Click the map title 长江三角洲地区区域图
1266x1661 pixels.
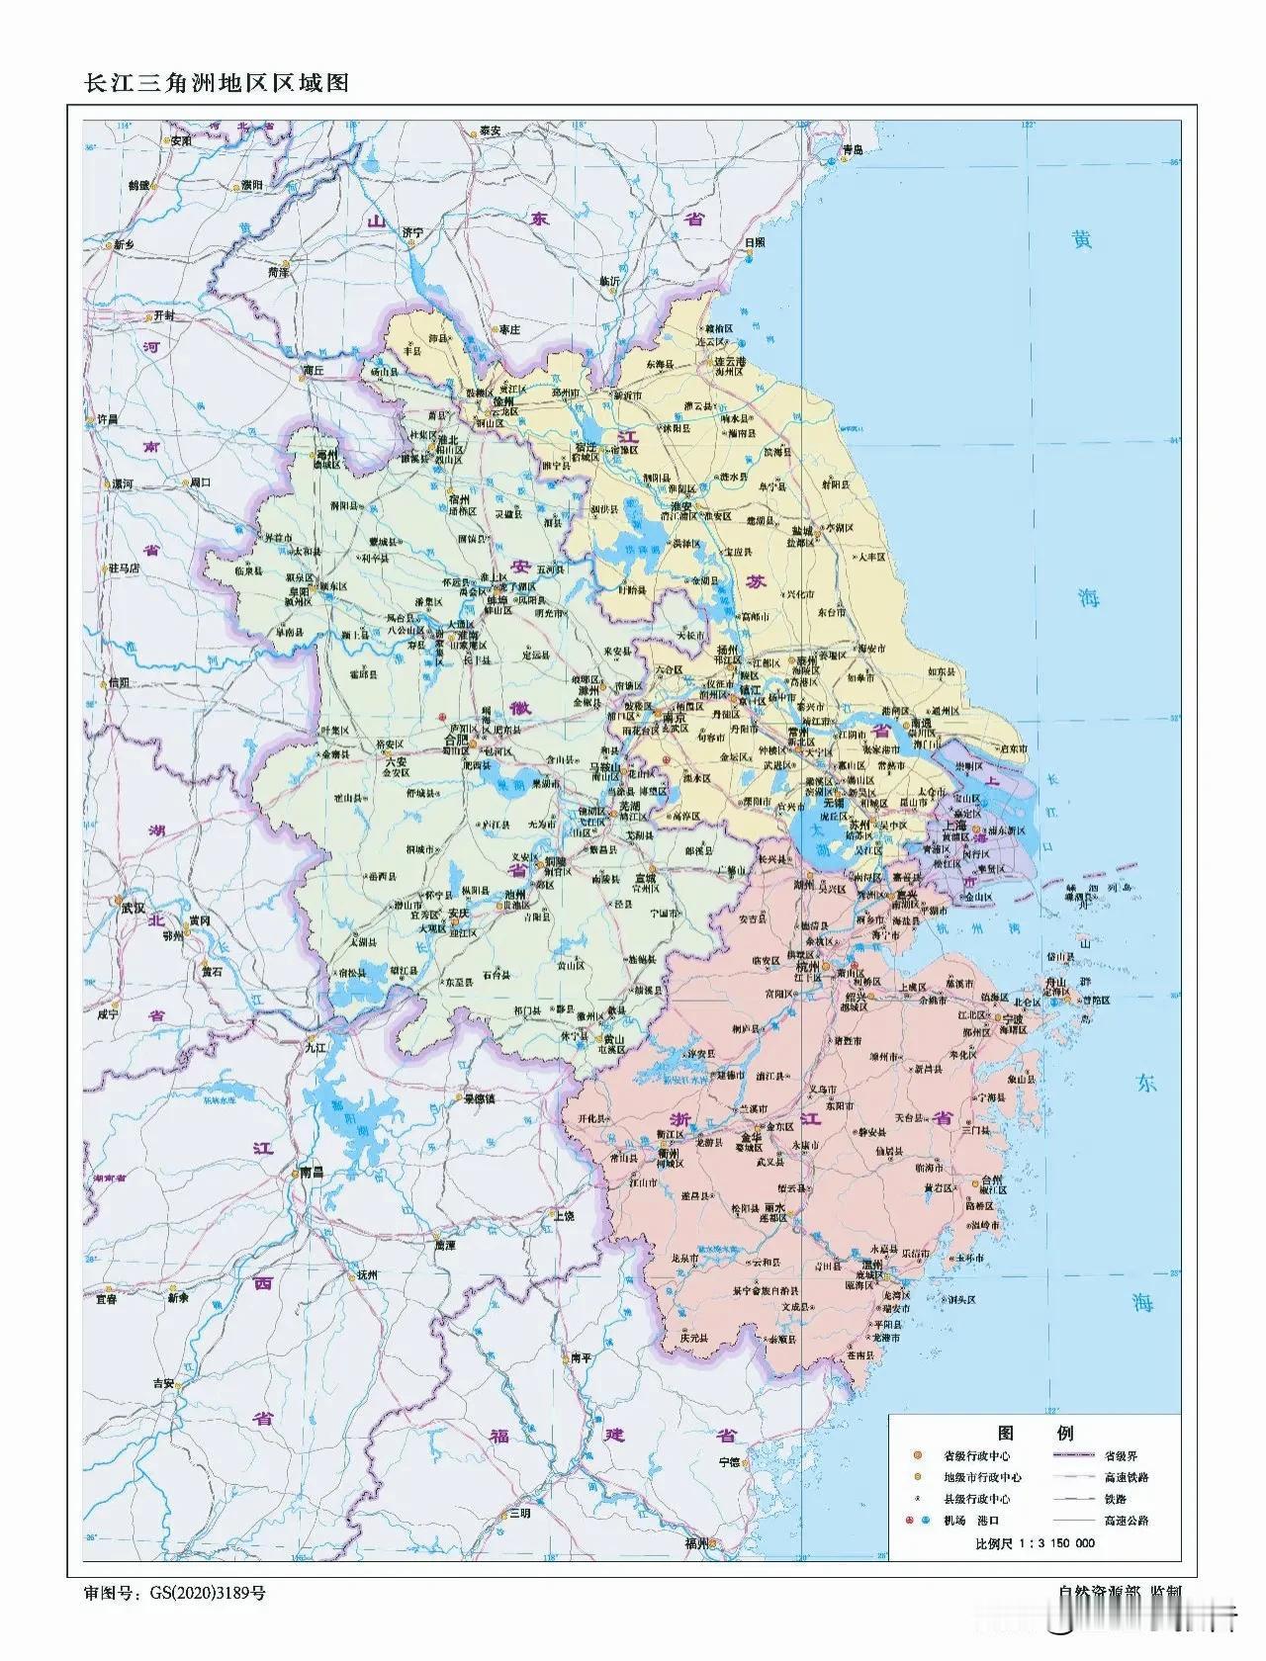pos(219,84)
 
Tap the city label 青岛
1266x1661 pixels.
pos(853,149)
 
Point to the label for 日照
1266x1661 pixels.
pos(755,242)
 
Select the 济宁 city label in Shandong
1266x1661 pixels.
pos(412,232)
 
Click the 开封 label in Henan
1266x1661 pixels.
pos(162,315)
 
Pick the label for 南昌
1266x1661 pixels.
pos(311,1173)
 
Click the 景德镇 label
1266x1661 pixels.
pos(473,1098)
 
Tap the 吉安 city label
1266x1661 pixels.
pos(163,1385)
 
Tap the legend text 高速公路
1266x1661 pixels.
pos(1127,1521)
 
